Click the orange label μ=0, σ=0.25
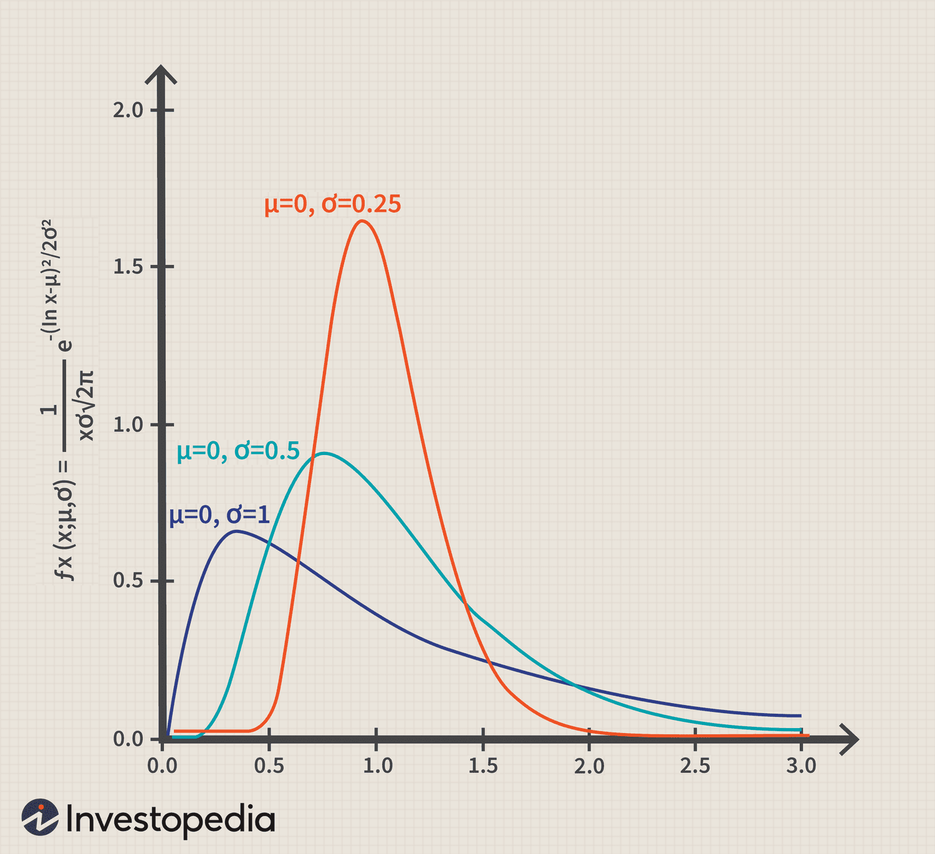coord(333,204)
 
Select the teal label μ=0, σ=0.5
coord(238,451)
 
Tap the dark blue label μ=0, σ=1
coord(219,516)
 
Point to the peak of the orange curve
coord(362,221)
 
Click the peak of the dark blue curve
coord(235,531)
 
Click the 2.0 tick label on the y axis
coord(128,110)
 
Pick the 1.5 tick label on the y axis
coord(128,267)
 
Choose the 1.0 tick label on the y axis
coord(128,425)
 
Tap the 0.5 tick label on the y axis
coord(128,581)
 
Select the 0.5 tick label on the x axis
coord(269,765)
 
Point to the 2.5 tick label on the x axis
coord(695,765)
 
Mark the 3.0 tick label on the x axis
coord(801,765)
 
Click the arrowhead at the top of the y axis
coord(161,74)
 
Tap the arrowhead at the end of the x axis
coord(850,739)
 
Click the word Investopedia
coord(170,818)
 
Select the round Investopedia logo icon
coord(40,817)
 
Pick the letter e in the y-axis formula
coord(64,345)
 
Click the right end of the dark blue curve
coord(800,716)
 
